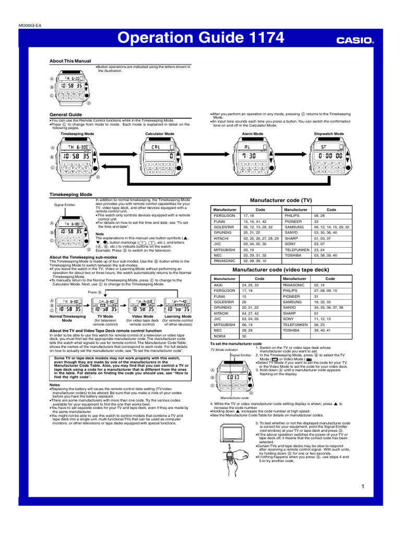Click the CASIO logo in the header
[x=354, y=39]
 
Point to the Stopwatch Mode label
[x=329, y=133]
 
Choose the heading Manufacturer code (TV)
[x=281, y=200]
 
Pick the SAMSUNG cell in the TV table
[x=294, y=227]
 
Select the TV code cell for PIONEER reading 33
[x=316, y=221]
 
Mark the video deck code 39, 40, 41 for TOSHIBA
[x=322, y=330]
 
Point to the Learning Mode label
[x=178, y=317]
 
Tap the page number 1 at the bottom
[x=362, y=487]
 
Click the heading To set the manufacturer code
[x=235, y=344]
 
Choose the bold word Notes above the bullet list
[x=55, y=385]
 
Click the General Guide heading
[x=66, y=114]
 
